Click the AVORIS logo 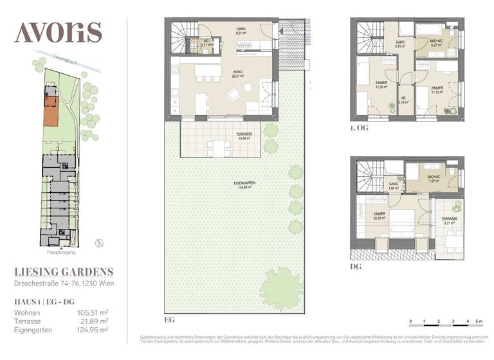pos(58,32)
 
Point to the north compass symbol pos(98,242)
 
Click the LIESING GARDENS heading pos(63,272)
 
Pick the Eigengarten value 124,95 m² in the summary pos(89,330)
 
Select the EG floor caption pos(170,319)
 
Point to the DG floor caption pos(356,266)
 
